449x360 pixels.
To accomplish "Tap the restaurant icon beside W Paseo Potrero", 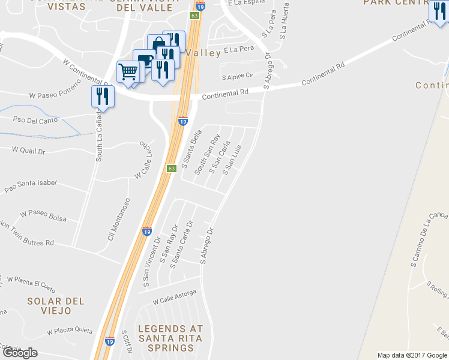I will (x=102, y=96).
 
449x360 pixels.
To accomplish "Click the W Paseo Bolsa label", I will (x=44, y=214).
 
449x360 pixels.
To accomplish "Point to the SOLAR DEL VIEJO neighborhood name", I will (x=56, y=305).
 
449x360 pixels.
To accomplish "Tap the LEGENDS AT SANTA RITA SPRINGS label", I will (x=170, y=338).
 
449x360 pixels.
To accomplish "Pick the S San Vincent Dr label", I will (x=150, y=260).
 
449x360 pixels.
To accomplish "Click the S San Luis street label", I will (x=232, y=160).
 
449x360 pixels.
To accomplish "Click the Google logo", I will (x=19, y=353).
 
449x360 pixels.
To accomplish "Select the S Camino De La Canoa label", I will (x=429, y=239).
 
